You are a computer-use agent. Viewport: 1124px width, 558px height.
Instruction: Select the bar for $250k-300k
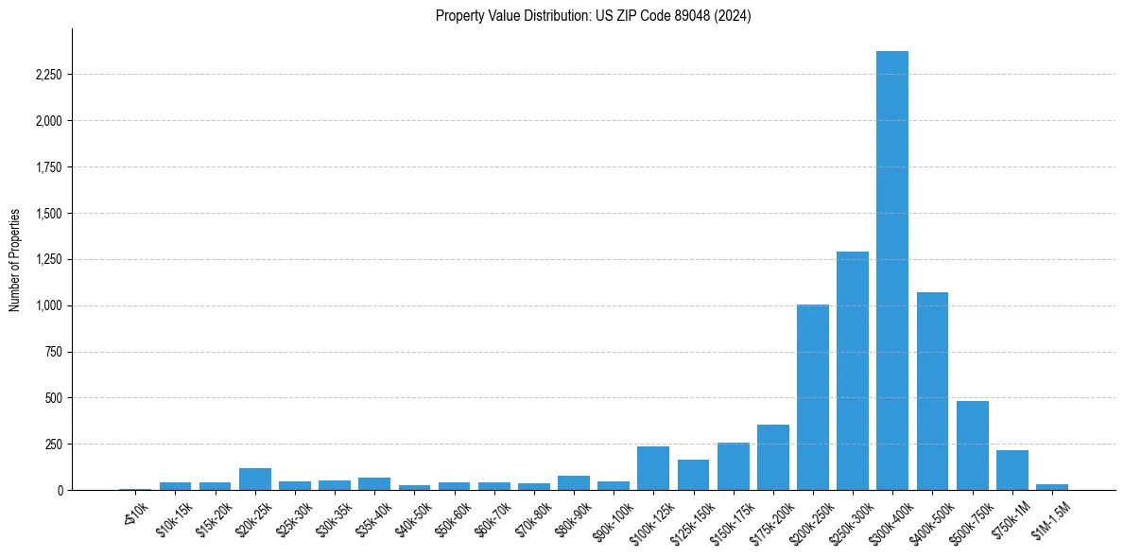(x=852, y=371)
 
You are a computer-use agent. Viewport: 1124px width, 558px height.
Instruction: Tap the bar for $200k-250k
(x=812, y=397)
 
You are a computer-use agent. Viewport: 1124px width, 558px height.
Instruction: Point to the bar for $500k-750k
(x=972, y=445)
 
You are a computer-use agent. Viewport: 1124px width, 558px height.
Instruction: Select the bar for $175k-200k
(x=772, y=458)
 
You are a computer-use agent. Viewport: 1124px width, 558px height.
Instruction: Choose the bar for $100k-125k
(x=653, y=468)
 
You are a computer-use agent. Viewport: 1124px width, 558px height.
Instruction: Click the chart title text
(x=593, y=16)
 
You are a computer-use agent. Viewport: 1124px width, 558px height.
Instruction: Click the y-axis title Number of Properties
(x=15, y=260)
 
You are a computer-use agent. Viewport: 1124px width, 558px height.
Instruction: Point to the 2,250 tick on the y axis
(x=48, y=75)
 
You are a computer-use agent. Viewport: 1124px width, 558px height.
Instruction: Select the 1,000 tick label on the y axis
(x=48, y=305)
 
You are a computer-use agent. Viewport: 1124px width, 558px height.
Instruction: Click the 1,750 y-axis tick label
(x=48, y=167)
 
